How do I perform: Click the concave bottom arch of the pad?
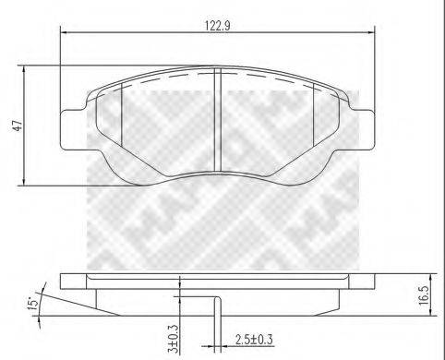[217, 172]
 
